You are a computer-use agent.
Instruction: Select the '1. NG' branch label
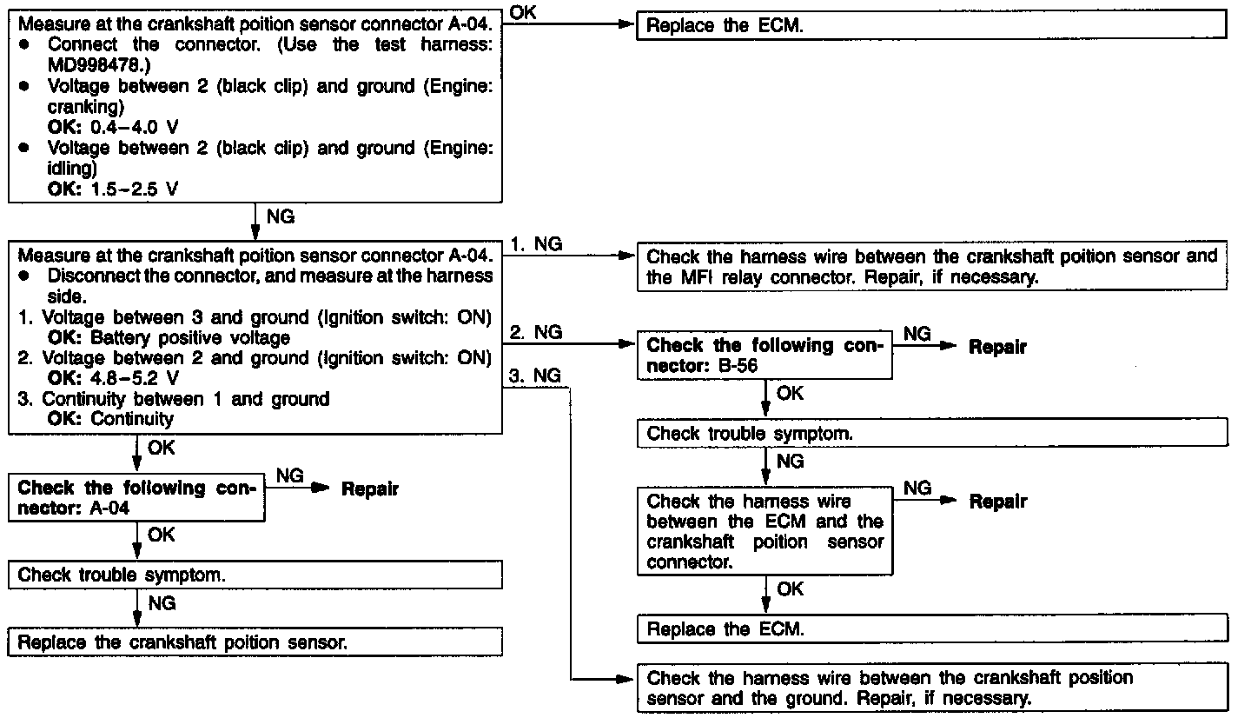coord(536,244)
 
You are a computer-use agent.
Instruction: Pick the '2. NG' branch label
coord(536,332)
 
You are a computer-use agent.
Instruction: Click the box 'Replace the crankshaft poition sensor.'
coord(255,642)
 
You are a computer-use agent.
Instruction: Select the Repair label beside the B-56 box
coord(997,347)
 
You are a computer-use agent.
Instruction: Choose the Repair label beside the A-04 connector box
coord(369,489)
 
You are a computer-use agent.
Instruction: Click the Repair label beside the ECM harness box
coord(997,502)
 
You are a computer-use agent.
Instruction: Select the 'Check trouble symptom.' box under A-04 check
coord(255,575)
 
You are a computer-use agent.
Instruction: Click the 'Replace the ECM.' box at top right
coord(931,25)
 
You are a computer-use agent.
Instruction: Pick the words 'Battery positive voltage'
coord(190,337)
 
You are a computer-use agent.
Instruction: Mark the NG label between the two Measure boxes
coord(280,216)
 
